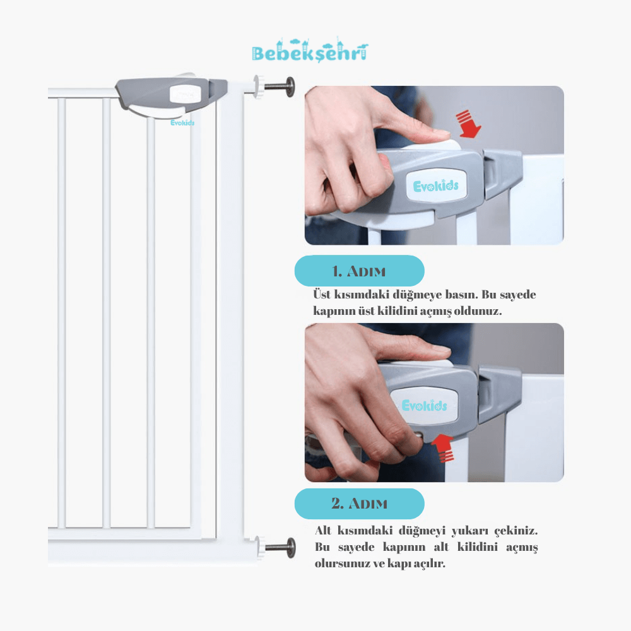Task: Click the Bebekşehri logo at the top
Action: tap(310, 50)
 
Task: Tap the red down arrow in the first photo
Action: tap(468, 124)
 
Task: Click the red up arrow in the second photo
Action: tap(442, 447)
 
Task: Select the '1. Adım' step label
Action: tap(359, 271)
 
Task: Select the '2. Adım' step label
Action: tap(359, 504)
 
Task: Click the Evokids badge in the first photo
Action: tap(436, 186)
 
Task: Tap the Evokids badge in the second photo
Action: tap(425, 405)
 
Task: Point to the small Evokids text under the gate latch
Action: tap(182, 123)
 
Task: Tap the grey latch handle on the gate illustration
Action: tap(171, 97)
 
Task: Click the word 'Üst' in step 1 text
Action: tap(322, 294)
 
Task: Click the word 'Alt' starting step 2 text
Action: tap(322, 531)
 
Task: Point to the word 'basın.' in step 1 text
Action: tap(459, 295)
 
